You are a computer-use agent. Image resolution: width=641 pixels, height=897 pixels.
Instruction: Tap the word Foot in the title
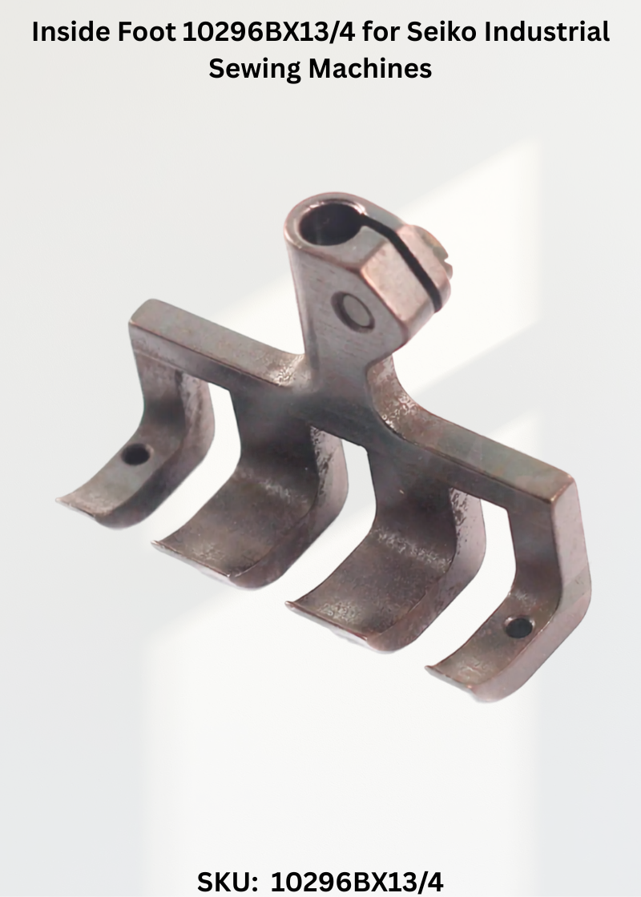147,32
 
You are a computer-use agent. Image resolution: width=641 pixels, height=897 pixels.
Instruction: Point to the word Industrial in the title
546,32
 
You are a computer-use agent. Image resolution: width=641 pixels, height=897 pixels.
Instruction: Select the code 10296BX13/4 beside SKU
357,882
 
